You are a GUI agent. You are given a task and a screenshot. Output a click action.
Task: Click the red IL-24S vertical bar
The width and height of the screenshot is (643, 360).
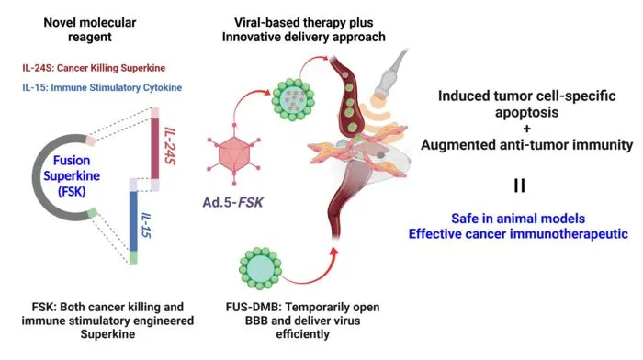pos(154,149)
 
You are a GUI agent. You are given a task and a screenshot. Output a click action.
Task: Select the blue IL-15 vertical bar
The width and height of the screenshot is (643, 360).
pos(133,221)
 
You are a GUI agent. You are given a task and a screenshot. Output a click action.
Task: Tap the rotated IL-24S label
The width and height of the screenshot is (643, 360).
pos(170,146)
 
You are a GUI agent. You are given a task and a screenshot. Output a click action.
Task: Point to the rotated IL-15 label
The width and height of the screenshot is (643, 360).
pos(146,225)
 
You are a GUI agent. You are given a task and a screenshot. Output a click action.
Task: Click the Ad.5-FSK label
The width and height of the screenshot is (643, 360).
pos(232,202)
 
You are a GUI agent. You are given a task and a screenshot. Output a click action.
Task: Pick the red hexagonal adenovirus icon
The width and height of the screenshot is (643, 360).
pos(234,154)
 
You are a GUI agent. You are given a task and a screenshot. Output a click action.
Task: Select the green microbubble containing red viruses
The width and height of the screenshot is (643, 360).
pos(294,99)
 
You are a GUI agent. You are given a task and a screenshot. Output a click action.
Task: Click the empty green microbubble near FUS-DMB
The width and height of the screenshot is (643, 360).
pos(260,268)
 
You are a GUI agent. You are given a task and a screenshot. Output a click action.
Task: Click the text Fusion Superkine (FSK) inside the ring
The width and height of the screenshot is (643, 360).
pos(72,175)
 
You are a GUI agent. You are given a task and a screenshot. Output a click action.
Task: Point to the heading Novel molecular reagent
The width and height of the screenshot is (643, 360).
pos(90,29)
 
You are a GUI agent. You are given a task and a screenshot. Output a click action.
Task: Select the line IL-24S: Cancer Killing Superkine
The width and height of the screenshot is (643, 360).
pos(94,68)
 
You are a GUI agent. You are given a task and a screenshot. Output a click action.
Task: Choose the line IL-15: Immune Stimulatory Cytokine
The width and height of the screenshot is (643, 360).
pos(102,87)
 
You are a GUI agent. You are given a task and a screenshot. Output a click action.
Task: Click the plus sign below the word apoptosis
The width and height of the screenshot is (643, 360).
pos(526,129)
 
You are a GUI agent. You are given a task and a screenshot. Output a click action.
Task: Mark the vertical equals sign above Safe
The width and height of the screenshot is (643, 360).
pos(520,186)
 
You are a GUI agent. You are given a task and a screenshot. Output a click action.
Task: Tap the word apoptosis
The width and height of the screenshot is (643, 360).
pos(527,112)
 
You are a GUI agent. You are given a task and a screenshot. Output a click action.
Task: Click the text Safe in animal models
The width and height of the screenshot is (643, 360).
pos(518,219)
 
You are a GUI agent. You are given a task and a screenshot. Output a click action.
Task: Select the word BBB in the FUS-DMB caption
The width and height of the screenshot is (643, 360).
pos(256,321)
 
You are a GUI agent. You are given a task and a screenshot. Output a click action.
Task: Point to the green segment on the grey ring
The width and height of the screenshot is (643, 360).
pos(93,212)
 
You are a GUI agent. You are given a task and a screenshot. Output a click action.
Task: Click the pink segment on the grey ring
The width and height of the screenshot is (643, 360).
pos(91,141)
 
